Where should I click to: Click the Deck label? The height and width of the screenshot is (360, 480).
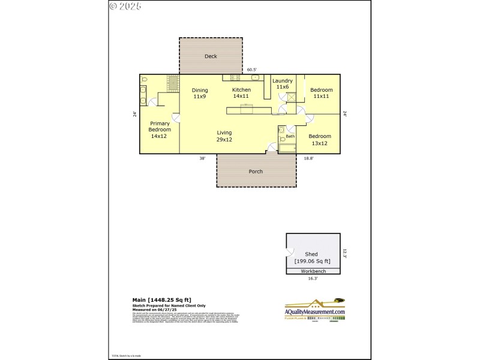[211, 56]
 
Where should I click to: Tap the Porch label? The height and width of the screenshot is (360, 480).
[256, 172]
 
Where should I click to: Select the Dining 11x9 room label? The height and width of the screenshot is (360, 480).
[200, 93]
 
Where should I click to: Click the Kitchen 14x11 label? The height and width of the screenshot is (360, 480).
[241, 93]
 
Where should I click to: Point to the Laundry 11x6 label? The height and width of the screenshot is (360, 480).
[283, 84]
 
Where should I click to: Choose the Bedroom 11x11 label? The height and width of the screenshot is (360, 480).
[321, 93]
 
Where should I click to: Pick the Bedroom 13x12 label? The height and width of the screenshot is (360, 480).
[319, 140]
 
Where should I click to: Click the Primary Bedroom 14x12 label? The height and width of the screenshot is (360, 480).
[160, 130]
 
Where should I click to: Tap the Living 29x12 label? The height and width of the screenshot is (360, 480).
[224, 136]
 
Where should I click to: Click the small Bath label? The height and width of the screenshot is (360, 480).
[290, 137]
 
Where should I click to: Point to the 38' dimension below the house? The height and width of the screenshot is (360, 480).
[203, 158]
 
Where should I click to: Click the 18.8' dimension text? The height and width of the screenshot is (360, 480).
[308, 158]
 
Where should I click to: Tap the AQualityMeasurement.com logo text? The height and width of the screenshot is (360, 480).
[314, 312]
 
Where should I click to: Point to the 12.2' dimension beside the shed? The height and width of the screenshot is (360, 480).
[345, 253]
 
